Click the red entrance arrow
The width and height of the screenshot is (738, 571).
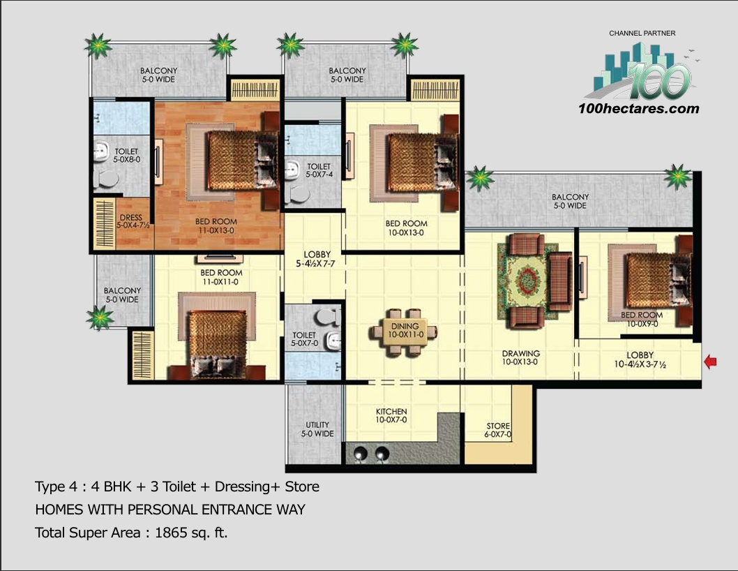pyautogui.click(x=711, y=362)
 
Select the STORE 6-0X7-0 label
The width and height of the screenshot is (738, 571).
pyautogui.click(x=498, y=430)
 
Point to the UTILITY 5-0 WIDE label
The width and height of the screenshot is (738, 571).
pyautogui.click(x=317, y=429)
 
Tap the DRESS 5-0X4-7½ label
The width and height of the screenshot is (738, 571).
pyautogui.click(x=131, y=221)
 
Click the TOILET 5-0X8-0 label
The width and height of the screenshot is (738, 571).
pyautogui.click(x=126, y=156)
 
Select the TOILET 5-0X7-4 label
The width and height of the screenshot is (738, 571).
pyautogui.click(x=319, y=171)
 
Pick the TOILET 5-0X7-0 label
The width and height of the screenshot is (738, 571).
pyautogui.click(x=304, y=339)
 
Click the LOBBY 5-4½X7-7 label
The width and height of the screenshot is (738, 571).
pyautogui.click(x=317, y=258)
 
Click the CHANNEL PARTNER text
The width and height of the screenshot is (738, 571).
pyautogui.click(x=642, y=33)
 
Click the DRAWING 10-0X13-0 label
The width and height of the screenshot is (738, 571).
pyautogui.click(x=520, y=358)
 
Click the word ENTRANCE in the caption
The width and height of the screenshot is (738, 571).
pyautogui.click(x=235, y=510)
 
